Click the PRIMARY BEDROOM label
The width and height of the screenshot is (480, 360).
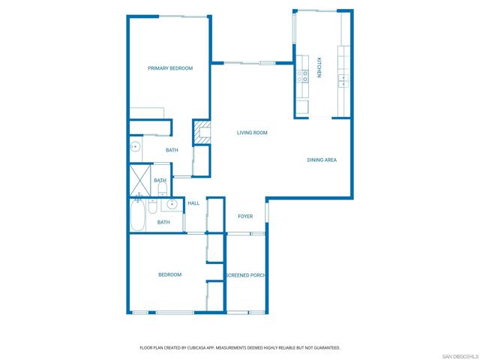coord(170,68)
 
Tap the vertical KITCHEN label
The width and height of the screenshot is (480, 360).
coord(319,67)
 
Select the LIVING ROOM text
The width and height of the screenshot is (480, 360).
coord(252,133)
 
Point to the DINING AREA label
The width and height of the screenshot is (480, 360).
coord(322,160)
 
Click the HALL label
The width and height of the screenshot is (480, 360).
coord(193,203)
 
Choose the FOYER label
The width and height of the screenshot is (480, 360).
coord(245,217)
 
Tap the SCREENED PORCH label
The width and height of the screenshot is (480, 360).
coord(246,275)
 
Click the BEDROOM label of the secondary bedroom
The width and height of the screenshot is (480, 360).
coord(170,274)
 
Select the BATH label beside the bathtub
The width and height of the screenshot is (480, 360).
coord(163,222)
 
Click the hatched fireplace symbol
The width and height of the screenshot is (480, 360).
coord(202,132)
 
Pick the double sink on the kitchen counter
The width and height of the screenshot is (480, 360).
coord(343,81)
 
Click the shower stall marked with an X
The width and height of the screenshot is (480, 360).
coord(140,180)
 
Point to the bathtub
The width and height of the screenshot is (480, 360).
coord(138,215)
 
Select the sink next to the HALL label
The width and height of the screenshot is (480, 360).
coord(172,203)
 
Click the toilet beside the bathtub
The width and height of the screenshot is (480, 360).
coord(152,206)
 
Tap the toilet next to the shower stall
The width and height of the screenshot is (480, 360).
coord(162,190)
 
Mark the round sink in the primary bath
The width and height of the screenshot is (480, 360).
coord(135,147)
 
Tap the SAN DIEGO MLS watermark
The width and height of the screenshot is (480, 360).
coord(460,356)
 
